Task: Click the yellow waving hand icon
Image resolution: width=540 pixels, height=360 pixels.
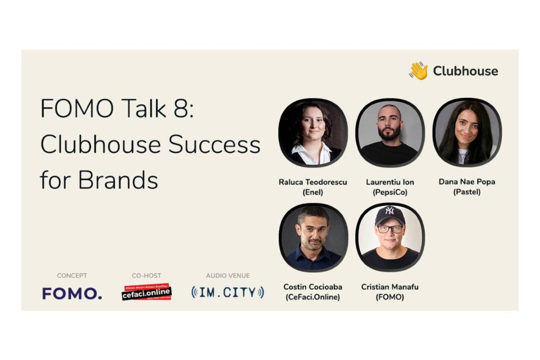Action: [418, 71]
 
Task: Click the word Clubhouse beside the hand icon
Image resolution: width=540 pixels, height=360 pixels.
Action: [465, 71]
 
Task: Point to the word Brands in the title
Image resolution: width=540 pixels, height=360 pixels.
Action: [118, 180]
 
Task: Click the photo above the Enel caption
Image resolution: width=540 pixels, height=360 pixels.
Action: [313, 133]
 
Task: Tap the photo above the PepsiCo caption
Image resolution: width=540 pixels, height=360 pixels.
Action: [390, 133]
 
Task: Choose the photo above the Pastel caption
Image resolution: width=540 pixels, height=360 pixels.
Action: [467, 133]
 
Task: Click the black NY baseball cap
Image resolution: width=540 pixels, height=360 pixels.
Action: [390, 215]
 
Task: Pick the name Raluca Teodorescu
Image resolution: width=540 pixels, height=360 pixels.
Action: [313, 182]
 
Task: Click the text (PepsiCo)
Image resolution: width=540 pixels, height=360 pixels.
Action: [390, 193]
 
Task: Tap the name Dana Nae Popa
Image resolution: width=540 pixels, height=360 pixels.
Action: [467, 182]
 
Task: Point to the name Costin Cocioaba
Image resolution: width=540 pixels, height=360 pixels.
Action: [313, 287]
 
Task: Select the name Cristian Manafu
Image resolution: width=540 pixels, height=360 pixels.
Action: [390, 287]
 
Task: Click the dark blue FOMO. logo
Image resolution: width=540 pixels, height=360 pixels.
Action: [72, 293]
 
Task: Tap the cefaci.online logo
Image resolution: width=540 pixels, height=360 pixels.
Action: [147, 292]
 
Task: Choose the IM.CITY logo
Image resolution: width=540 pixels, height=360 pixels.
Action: [228, 292]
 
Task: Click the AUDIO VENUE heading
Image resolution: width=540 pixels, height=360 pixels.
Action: [228, 275]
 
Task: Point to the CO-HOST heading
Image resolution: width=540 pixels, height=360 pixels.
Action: [146, 275]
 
